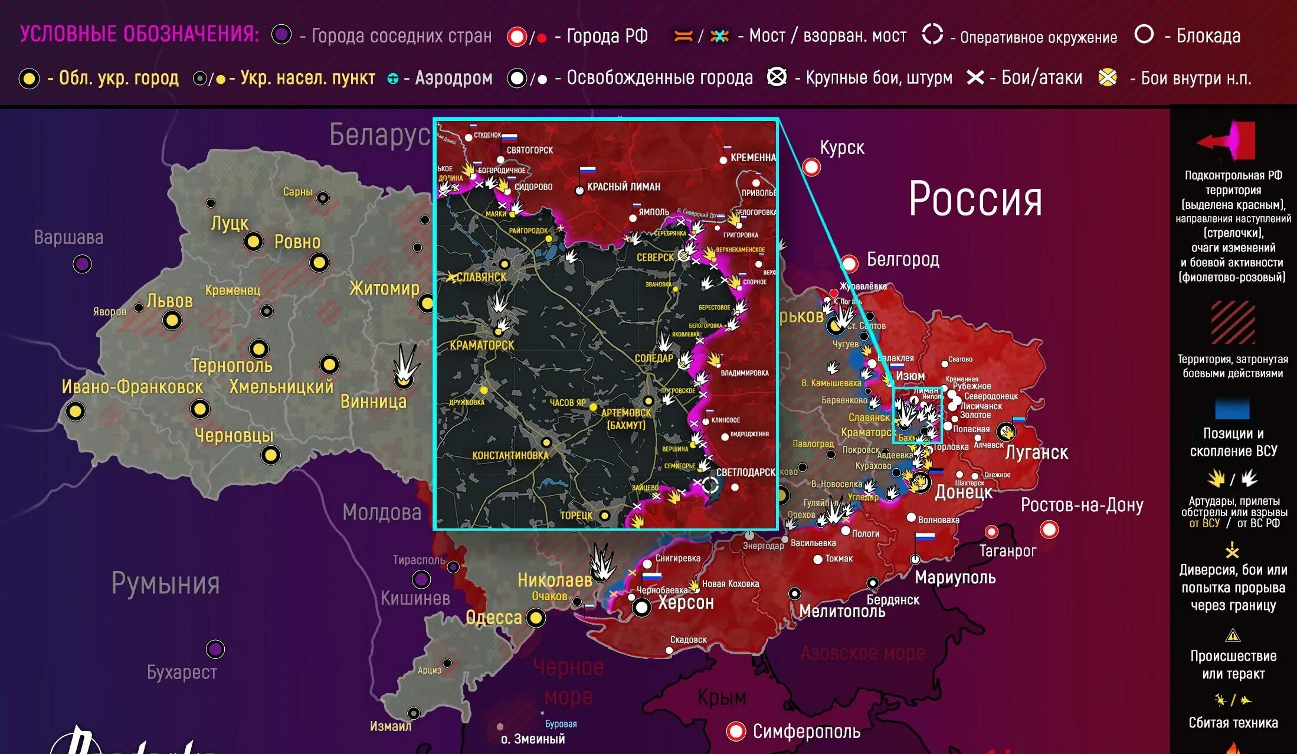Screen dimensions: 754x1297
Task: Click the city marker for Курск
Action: pyautogui.click(x=811, y=168)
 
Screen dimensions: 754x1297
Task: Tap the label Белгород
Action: pyautogui.click(x=902, y=260)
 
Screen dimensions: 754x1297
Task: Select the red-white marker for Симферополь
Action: pyautogui.click(x=735, y=731)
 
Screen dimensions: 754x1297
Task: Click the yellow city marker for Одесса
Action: pyautogui.click(x=536, y=618)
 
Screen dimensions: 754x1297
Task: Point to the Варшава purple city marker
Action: pyautogui.click(x=82, y=263)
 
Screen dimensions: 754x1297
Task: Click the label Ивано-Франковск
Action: pyautogui.click(x=132, y=387)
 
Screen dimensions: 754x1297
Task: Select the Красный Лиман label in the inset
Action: pyautogui.click(x=623, y=187)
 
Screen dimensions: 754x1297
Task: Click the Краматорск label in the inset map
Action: pyautogui.click(x=482, y=345)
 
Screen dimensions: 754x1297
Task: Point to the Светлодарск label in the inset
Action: pyautogui.click(x=745, y=472)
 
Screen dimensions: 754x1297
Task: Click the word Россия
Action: pyautogui.click(x=975, y=200)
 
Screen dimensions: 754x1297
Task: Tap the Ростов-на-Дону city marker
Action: pyautogui.click(x=1049, y=530)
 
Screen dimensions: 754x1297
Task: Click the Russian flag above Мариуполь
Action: pyautogui.click(x=925, y=537)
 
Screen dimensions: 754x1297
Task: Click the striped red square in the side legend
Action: pyautogui.click(x=1233, y=323)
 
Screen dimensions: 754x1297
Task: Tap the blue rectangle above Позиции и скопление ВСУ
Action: pyautogui.click(x=1232, y=409)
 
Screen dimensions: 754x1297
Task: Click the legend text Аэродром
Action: pyautogui.click(x=453, y=78)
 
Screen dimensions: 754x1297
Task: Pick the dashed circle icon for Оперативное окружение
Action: pyautogui.click(x=932, y=34)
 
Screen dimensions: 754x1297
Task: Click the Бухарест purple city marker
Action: pyautogui.click(x=215, y=649)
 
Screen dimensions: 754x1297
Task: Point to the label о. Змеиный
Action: pyautogui.click(x=532, y=739)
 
